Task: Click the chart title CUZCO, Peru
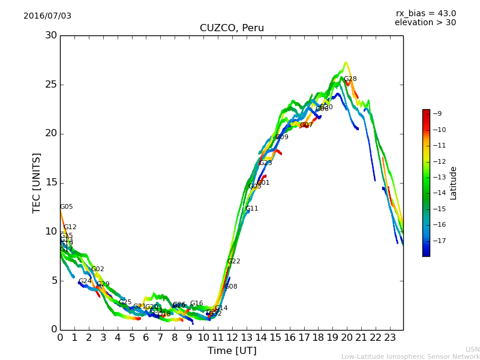pyautogui.click(x=232, y=28)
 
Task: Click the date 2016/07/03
pyautogui.click(x=47, y=16)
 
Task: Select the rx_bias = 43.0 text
pyautogui.click(x=425, y=13)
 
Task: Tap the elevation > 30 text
pyautogui.click(x=425, y=23)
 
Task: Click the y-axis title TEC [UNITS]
pyautogui.click(x=37, y=182)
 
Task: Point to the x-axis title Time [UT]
pyautogui.click(x=232, y=351)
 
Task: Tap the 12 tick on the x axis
pyautogui.click(x=232, y=337)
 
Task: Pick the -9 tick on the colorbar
pyautogui.click(x=438, y=113)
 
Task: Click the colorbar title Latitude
pyautogui.click(x=454, y=182)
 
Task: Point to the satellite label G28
pyautogui.click(x=350, y=79)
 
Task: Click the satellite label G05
pyautogui.click(x=67, y=207)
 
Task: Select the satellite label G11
pyautogui.click(x=252, y=209)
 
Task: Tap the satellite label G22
pyautogui.click(x=234, y=262)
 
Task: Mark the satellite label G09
pyautogui.click(x=282, y=137)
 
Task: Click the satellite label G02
pyautogui.click(x=98, y=269)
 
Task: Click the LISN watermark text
pyautogui.click(x=472, y=349)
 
